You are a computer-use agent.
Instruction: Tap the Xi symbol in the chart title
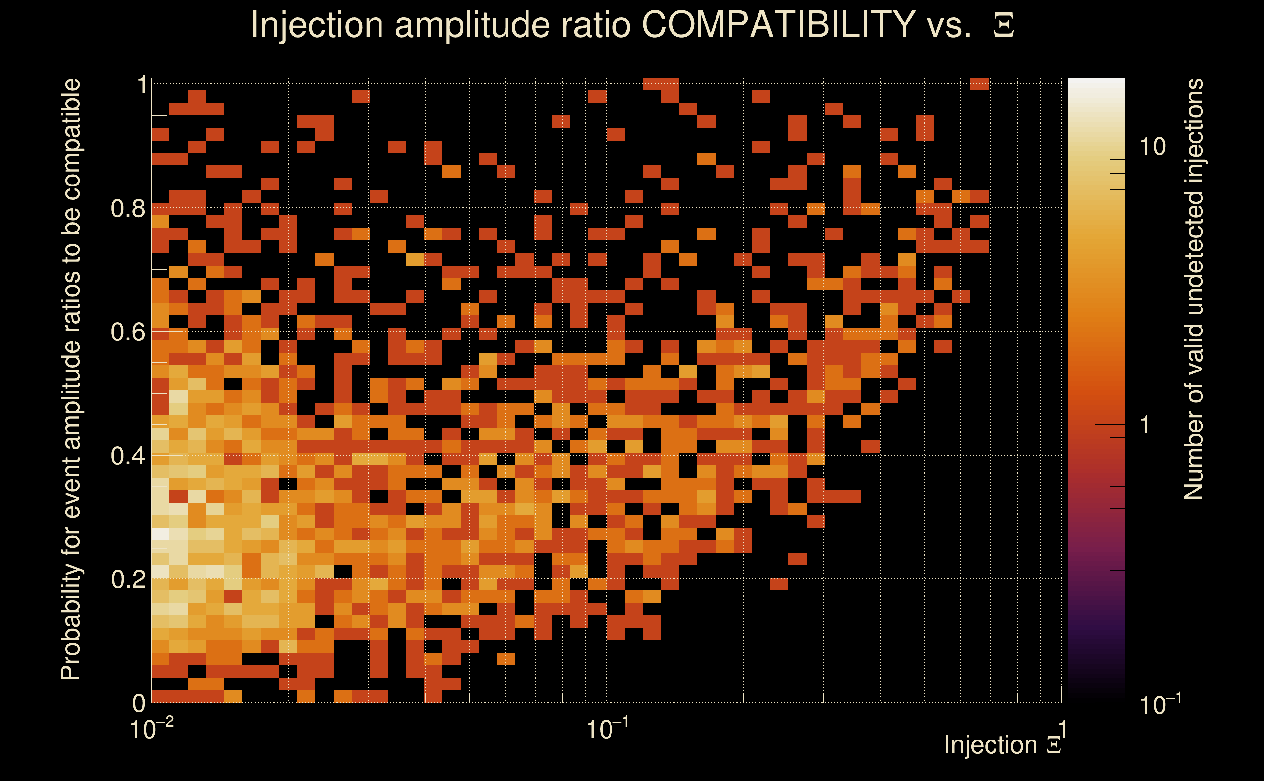tap(1004, 25)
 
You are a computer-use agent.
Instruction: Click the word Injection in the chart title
tap(316, 24)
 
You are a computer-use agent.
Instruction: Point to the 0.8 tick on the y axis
tap(128, 209)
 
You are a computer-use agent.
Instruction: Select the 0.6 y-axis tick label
tap(128, 332)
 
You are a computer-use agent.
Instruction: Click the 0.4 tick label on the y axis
tap(128, 456)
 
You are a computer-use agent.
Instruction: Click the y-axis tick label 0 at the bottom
tap(139, 703)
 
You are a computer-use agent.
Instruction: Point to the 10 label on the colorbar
tap(1152, 147)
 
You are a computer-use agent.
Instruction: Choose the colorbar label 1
tap(1145, 425)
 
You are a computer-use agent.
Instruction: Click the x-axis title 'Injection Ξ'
tap(1003, 745)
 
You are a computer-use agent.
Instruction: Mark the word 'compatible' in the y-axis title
tap(71, 140)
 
